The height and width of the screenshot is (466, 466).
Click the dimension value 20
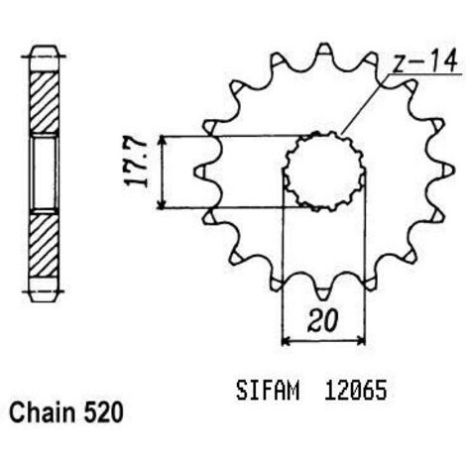coord(322,320)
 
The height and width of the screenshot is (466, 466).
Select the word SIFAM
coord(268,391)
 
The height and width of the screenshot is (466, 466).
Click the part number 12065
coord(355,391)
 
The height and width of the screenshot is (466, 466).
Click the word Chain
coord(43,412)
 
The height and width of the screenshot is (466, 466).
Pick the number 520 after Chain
coord(103,412)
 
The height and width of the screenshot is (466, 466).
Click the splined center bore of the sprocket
coord(324,171)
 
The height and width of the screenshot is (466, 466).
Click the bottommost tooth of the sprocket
coord(324,291)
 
